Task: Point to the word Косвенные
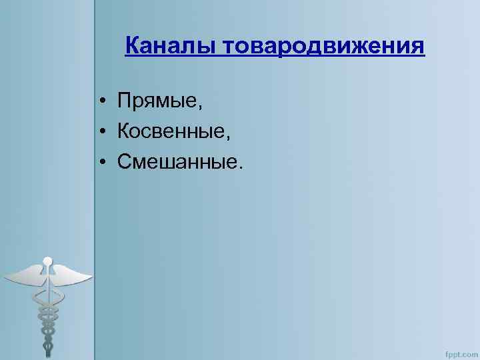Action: (x=171, y=132)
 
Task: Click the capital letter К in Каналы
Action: (x=132, y=46)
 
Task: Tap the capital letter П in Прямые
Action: (x=125, y=102)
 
